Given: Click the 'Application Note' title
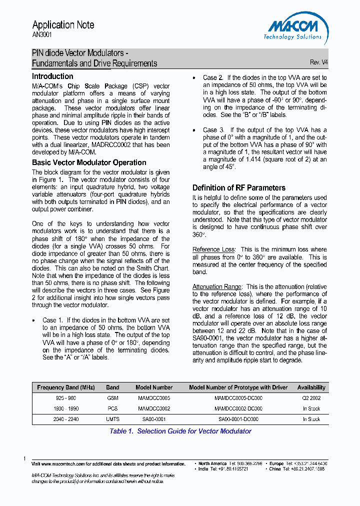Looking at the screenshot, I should pyautogui.click(x=63, y=24).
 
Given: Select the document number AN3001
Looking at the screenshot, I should pyautogui.click(x=42, y=35).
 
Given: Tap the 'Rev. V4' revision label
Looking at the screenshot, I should pyautogui.click(x=318, y=62).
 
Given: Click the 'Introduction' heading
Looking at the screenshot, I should pyautogui.click(x=52, y=76).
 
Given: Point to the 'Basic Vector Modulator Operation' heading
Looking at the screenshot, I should pyautogui.click(x=89, y=162).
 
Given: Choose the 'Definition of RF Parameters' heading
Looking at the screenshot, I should pyautogui.click(x=239, y=188).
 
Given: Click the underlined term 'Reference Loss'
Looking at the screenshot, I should pyautogui.click(x=213, y=249).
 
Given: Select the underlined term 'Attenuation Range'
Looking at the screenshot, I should pyautogui.click(x=217, y=286).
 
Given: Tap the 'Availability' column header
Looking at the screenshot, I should pyautogui.click(x=311, y=387).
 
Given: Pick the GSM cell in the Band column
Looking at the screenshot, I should pyautogui.click(x=112, y=398).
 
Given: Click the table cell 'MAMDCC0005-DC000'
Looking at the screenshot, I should pyautogui.click(x=238, y=398).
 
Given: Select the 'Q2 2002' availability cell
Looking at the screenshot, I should pyautogui.click(x=311, y=398).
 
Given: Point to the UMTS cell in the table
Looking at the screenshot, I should pyautogui.click(x=112, y=419).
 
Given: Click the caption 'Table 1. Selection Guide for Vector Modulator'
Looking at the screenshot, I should pyautogui.click(x=180, y=431).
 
